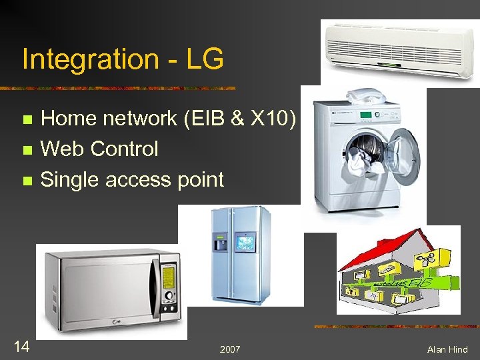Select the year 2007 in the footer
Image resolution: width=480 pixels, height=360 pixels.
pyautogui.click(x=231, y=349)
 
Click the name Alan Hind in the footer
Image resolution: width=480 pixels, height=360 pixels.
pyautogui.click(x=448, y=349)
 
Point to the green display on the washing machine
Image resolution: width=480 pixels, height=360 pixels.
pyautogui.click(x=365, y=116)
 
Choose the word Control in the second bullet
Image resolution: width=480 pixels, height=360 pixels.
pyautogui.click(x=125, y=149)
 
